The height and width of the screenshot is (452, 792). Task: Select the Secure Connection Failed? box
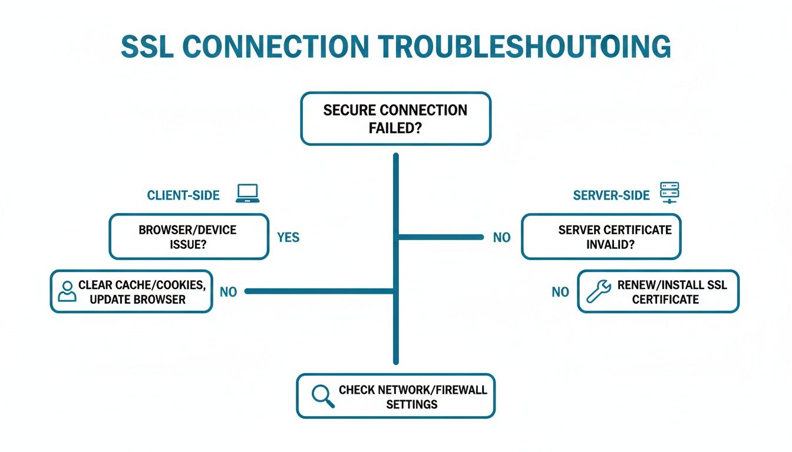(395, 118)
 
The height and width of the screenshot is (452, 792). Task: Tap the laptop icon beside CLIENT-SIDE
(248, 194)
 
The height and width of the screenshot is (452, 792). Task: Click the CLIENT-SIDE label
(183, 195)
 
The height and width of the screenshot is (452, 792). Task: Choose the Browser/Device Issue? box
(189, 237)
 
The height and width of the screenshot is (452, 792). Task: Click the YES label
(288, 238)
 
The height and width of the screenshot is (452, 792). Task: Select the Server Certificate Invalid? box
(601, 237)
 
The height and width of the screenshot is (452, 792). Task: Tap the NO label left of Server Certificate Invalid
(501, 238)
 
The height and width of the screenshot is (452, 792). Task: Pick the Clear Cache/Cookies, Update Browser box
(131, 291)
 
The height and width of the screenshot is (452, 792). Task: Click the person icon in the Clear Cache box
(67, 291)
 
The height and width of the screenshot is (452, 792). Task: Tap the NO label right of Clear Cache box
(228, 291)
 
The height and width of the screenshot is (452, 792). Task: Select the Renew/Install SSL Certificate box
(658, 291)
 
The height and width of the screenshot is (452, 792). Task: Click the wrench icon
(599, 291)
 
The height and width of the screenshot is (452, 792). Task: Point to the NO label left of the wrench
(560, 291)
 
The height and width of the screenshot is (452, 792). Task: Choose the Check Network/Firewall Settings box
(395, 396)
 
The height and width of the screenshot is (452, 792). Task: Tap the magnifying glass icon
(322, 396)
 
